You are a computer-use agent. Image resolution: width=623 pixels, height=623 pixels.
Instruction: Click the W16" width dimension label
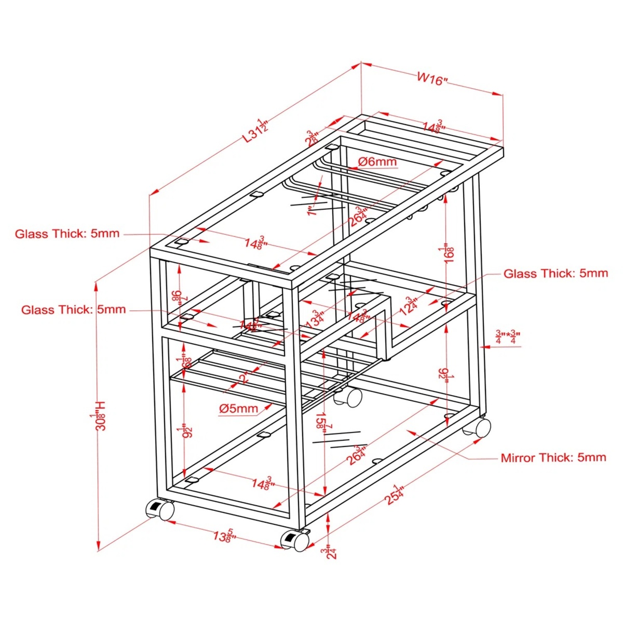tap(432, 78)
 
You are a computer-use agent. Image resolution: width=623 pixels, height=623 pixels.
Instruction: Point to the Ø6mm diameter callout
tap(377, 162)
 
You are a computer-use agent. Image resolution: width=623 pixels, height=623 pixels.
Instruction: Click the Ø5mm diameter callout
tap(238, 409)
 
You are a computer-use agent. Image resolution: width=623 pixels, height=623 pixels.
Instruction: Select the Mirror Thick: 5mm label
tap(553, 458)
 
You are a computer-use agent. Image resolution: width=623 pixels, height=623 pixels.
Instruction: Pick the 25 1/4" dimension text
tap(395, 494)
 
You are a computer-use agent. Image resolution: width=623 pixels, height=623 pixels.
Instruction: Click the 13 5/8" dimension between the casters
tap(225, 536)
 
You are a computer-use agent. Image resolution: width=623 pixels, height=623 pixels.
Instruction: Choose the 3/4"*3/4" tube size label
tap(508, 337)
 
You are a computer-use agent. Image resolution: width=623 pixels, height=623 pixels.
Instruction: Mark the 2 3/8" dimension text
tap(312, 138)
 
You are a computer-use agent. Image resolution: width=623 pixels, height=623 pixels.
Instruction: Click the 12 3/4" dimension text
tap(408, 307)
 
